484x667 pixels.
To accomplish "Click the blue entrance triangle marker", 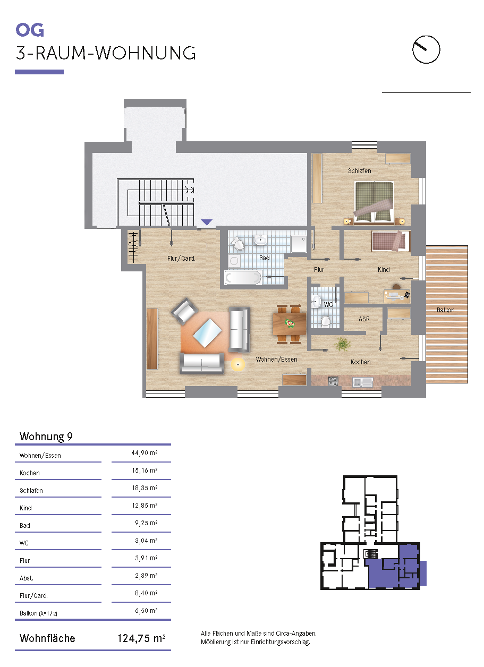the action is point(207,222).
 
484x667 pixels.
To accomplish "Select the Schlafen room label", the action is point(360,171).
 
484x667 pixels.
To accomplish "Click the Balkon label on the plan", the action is point(446,310).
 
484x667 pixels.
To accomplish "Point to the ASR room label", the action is point(364,319).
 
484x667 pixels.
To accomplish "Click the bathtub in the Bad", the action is point(243,277).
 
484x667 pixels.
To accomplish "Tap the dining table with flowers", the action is point(290,323).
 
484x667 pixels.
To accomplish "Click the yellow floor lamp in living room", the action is point(237,364).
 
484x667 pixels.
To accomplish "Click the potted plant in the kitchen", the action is point(343,345).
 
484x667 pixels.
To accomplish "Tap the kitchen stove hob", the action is point(333,381).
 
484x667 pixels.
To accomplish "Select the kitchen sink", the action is point(362,382).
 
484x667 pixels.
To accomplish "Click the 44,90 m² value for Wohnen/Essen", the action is point(145,453).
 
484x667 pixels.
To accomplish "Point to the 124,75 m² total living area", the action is point(141,638).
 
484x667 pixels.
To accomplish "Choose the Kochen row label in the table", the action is point(30,473).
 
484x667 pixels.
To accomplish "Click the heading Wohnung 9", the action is point(46,436).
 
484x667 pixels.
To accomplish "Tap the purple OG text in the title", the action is point(30,30).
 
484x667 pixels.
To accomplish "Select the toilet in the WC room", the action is point(326,322).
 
